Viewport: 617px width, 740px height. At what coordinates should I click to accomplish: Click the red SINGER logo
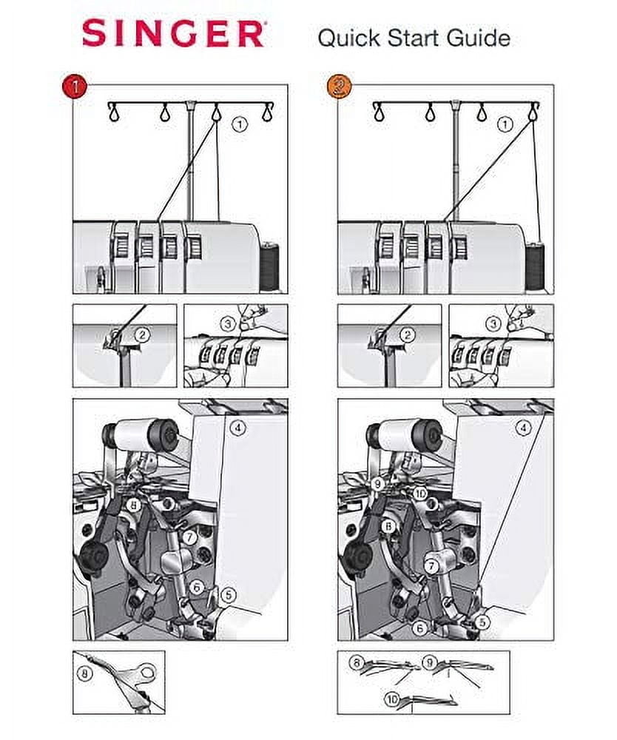pyautogui.click(x=172, y=33)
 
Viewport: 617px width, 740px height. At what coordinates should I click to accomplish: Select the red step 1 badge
pyautogui.click(x=74, y=87)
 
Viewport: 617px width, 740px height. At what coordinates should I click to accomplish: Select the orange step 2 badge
pyautogui.click(x=339, y=87)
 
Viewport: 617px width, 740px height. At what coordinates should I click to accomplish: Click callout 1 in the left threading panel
pyautogui.click(x=240, y=124)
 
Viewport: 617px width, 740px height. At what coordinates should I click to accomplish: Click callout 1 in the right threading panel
pyautogui.click(x=505, y=124)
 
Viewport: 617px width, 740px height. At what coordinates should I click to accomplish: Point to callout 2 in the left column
pyautogui.click(x=142, y=335)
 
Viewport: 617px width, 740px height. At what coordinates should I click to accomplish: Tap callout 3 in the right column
pyautogui.click(x=493, y=324)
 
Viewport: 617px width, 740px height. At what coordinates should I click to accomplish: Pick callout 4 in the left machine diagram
pyautogui.click(x=237, y=428)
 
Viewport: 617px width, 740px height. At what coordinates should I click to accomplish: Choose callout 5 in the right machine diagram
pyautogui.click(x=482, y=622)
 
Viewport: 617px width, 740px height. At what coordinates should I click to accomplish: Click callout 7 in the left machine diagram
pyautogui.click(x=189, y=537)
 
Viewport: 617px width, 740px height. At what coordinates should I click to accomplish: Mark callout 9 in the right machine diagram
pyautogui.click(x=377, y=484)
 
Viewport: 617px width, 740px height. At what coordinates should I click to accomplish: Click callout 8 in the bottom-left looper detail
pyautogui.click(x=85, y=673)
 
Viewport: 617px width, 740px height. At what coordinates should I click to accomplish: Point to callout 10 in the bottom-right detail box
pyautogui.click(x=392, y=699)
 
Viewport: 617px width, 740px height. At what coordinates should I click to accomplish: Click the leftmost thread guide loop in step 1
pyautogui.click(x=114, y=112)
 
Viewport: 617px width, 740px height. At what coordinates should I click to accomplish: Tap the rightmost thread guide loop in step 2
pyautogui.click(x=533, y=112)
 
